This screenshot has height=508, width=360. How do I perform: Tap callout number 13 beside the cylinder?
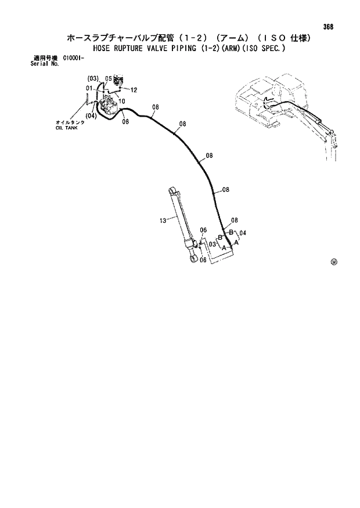click(x=163, y=220)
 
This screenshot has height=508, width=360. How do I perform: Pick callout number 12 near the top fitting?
click(x=134, y=90)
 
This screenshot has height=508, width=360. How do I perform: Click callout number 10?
click(x=122, y=101)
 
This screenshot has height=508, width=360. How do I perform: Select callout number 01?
click(x=89, y=88)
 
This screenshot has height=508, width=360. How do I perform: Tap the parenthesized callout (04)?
click(x=91, y=116)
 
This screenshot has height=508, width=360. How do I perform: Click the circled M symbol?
click(x=334, y=262)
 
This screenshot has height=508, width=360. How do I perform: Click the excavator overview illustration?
click(x=285, y=110)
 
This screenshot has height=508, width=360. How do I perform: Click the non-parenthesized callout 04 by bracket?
click(x=243, y=233)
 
